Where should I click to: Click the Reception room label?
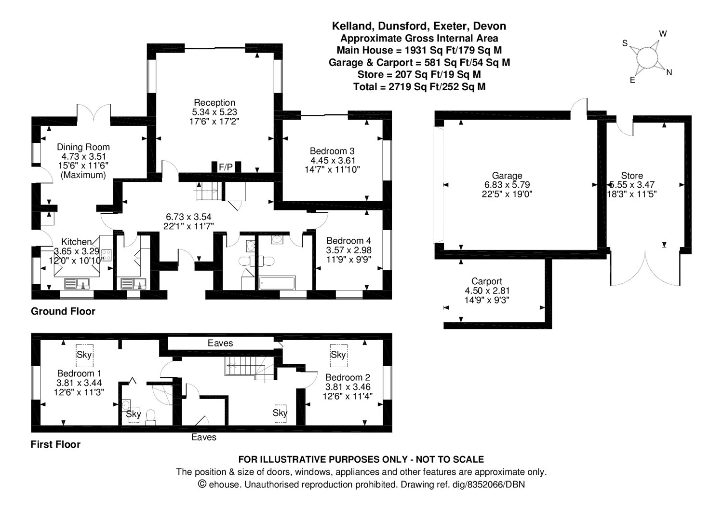click(214, 102)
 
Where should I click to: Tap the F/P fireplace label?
click(226, 167)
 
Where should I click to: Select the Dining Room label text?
click(83, 147)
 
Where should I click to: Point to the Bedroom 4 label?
click(348, 241)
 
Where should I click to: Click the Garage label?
click(507, 176)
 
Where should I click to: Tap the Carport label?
click(486, 281)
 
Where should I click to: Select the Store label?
click(631, 176)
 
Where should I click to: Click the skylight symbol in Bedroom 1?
click(84, 355)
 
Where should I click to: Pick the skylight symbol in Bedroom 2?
click(338, 355)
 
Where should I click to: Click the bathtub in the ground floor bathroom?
click(277, 283)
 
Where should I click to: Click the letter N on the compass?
click(669, 72)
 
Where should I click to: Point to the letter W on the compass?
click(663, 34)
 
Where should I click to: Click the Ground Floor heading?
click(63, 312)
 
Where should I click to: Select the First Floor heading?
click(55, 444)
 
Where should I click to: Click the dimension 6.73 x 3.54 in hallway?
click(188, 217)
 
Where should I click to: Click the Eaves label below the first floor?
click(203, 437)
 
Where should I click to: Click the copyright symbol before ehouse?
click(202, 484)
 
